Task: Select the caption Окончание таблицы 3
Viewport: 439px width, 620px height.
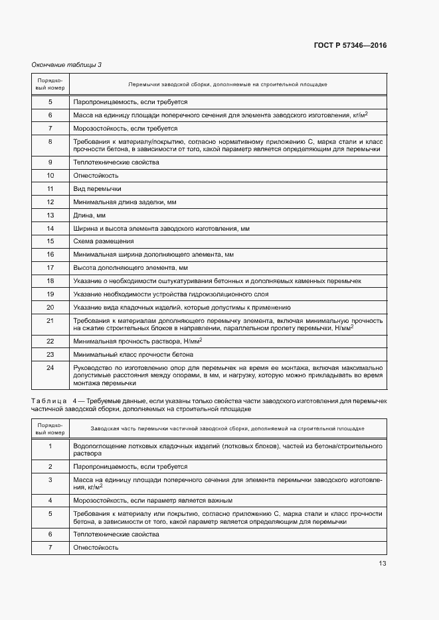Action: pos(66,64)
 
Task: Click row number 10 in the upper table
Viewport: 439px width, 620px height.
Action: pos(50,175)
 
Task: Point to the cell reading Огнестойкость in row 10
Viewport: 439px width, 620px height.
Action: pos(96,175)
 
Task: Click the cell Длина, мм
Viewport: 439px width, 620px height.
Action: pos(90,215)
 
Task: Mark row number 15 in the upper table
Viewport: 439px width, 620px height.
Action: pos(50,241)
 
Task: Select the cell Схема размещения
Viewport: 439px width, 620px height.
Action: pos(104,241)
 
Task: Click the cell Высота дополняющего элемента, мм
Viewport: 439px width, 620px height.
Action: pos(131,268)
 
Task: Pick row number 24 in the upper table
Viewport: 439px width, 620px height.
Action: pos(50,367)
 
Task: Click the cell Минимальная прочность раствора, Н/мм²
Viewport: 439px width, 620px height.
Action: pos(137,341)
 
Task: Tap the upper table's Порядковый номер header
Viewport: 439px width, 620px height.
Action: pos(50,84)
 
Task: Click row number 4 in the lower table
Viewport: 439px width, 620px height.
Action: pos(50,500)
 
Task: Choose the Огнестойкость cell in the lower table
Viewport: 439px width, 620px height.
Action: pos(96,547)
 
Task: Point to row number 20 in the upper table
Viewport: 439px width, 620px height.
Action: pos(50,308)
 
